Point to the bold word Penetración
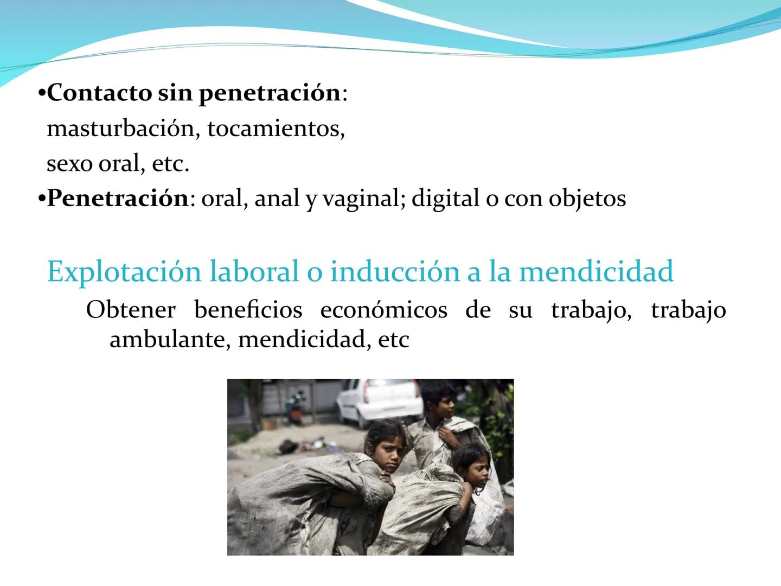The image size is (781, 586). pos(118,198)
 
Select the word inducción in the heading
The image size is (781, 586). pos(395,271)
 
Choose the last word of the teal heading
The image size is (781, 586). pos(597,271)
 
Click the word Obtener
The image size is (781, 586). pos(131,309)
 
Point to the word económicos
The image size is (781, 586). pos(383,309)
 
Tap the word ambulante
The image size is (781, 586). pos(167,339)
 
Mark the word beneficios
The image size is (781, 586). pos(248,309)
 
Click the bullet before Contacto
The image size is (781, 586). pos(42,93)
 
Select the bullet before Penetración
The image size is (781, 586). pos(42,199)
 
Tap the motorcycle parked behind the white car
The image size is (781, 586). pos(296,407)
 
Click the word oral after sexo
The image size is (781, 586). pos(121,164)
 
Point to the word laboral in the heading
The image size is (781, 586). pos(254,271)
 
